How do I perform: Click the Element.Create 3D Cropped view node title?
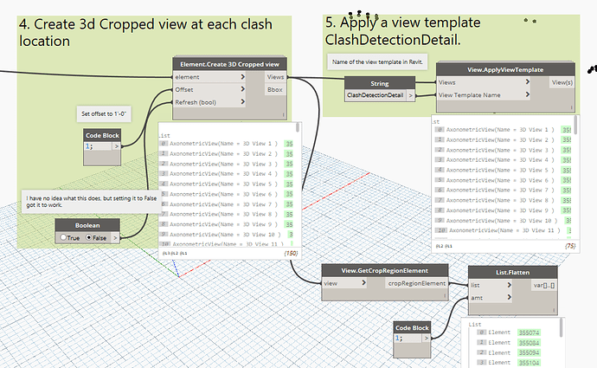229,64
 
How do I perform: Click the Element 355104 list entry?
511,364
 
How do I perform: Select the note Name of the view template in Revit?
374,61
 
